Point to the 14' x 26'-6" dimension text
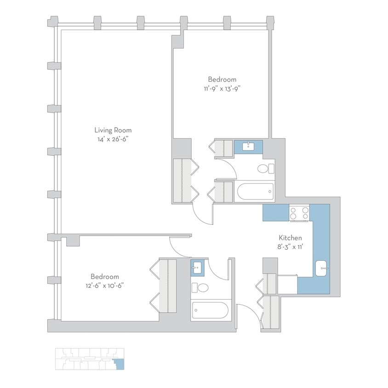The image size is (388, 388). (x=110, y=139)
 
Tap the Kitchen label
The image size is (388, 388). (x=291, y=238)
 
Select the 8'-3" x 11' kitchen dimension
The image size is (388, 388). (x=291, y=246)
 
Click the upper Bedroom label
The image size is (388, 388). (x=222, y=79)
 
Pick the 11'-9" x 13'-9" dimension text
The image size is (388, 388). (x=222, y=88)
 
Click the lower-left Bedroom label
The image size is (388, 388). (x=105, y=276)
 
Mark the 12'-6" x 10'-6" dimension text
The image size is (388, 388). (x=105, y=285)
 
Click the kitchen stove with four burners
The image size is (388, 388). (x=299, y=213)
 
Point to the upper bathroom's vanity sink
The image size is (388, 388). (x=248, y=147)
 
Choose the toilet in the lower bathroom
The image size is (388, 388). (x=201, y=288)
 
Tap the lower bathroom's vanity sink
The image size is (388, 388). (x=198, y=266)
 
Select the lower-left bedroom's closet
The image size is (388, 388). (x=168, y=285)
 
